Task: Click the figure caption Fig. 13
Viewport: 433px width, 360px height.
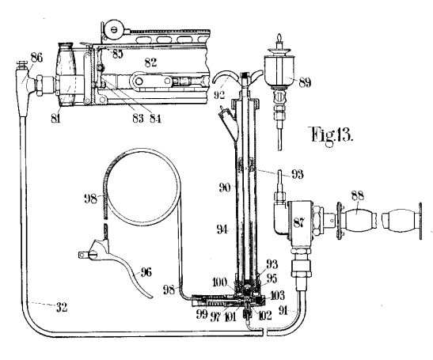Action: (x=332, y=135)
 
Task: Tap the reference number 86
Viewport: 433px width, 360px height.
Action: (x=36, y=58)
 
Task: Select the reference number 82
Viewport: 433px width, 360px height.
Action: (x=150, y=63)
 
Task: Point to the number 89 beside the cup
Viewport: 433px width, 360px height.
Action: (x=305, y=82)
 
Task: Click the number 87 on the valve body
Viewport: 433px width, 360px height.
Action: (x=298, y=222)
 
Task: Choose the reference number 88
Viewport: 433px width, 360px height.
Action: (x=358, y=195)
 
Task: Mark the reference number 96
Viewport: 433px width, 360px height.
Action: (x=146, y=272)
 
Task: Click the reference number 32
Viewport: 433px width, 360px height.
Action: (x=62, y=307)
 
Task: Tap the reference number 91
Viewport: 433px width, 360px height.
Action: (x=284, y=310)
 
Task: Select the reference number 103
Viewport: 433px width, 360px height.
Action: (x=276, y=295)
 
